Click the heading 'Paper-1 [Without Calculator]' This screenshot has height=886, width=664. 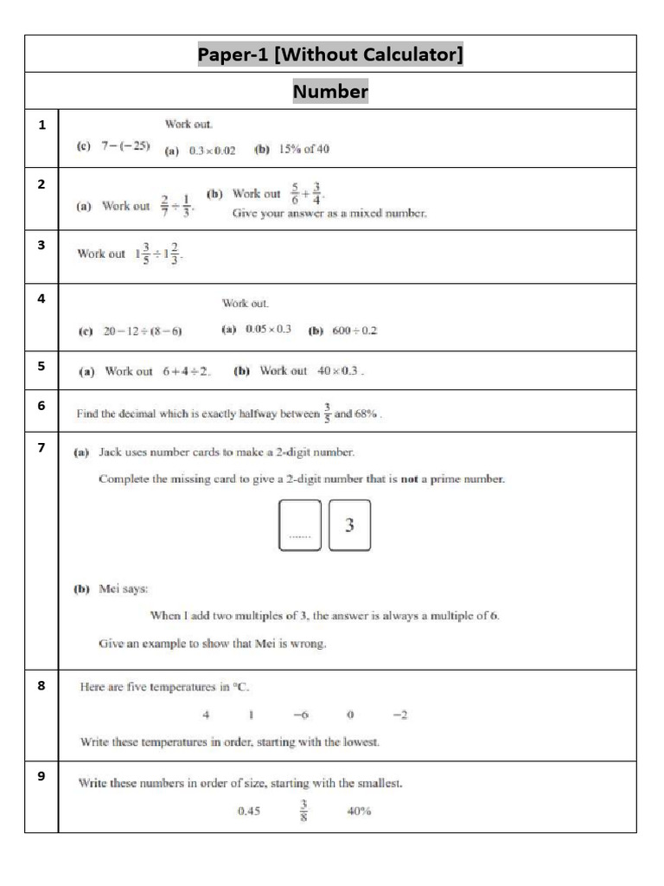tap(330, 55)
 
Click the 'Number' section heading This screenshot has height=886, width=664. tap(330, 91)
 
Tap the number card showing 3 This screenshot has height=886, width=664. tap(349, 524)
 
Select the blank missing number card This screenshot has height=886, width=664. tap(300, 524)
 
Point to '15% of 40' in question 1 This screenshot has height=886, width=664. tap(303, 149)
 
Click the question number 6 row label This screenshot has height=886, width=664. tap(41, 405)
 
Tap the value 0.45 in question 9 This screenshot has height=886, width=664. tap(249, 812)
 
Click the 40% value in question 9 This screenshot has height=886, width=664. tap(359, 812)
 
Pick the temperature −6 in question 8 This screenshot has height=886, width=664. tap(301, 715)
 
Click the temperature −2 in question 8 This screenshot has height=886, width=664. tap(399, 715)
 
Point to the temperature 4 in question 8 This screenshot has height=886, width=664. tap(206, 715)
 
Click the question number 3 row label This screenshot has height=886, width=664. tap(41, 245)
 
